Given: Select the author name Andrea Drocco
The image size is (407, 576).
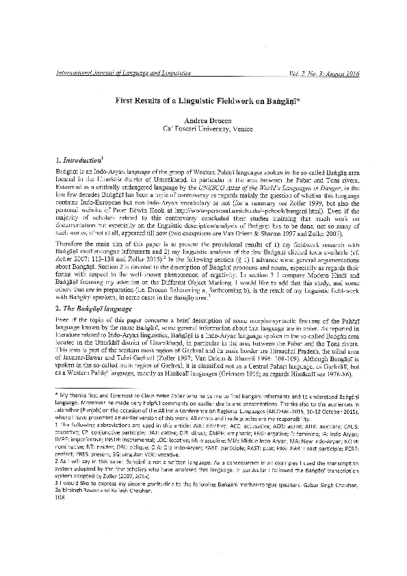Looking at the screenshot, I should pyautogui.click(x=204, y=119).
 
